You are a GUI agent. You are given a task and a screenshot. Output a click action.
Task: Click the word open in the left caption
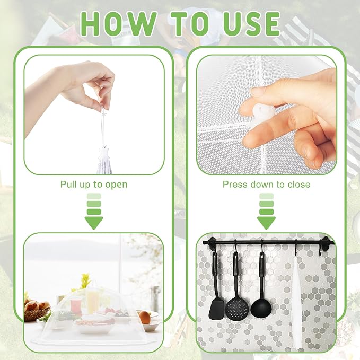[x=116, y=185]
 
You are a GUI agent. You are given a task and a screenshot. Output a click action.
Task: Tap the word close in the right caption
[x=298, y=185]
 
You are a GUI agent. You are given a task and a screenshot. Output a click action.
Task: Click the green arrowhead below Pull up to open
[x=94, y=223]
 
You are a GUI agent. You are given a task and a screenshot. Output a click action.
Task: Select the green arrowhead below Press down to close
[x=266, y=223]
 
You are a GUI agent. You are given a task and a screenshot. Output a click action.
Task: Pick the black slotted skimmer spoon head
[x=237, y=308]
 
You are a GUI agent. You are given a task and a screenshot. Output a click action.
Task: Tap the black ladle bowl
[x=261, y=308]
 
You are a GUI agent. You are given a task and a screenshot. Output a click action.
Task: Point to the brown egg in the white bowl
[x=145, y=317]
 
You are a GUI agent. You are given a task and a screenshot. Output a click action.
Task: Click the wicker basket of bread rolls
[x=36, y=310]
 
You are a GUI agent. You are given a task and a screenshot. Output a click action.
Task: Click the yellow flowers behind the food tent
[x=85, y=280]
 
